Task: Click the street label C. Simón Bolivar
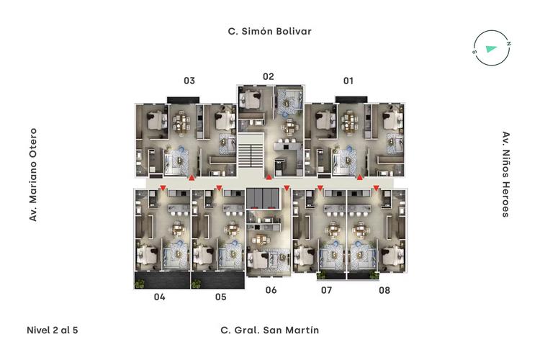tap(269, 32)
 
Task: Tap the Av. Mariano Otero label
tap(33, 175)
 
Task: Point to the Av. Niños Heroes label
tap(505, 174)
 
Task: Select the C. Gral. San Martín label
tap(270, 330)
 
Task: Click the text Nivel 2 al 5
tap(53, 330)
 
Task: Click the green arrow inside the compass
tap(491, 48)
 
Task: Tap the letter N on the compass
tap(508, 44)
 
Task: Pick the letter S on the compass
tap(474, 52)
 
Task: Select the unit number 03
tap(189, 81)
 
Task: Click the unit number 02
tap(269, 76)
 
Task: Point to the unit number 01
tap(348, 81)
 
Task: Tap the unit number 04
tap(159, 297)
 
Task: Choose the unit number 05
tap(221, 297)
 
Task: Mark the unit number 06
tap(271, 290)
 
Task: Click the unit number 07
tap(326, 290)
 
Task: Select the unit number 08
tap(384, 290)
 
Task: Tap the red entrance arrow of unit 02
tap(269, 177)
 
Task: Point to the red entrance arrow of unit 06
tap(287, 188)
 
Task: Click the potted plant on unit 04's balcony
tap(140, 284)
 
